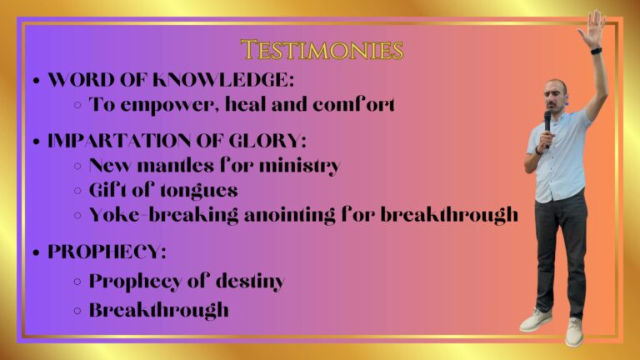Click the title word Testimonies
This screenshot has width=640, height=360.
[x=322, y=50]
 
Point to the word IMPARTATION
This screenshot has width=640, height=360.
[x=119, y=141]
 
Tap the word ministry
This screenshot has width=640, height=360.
[x=300, y=167]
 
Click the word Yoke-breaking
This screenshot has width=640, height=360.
[x=163, y=215]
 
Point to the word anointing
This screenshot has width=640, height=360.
[x=289, y=216]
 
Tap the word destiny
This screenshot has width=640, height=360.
[x=250, y=282]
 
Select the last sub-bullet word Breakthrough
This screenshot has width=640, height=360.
[x=159, y=310]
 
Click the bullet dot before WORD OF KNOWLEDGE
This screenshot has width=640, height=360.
[x=37, y=80]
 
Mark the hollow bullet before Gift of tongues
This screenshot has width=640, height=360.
[x=77, y=191]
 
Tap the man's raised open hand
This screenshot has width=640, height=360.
[x=592, y=27]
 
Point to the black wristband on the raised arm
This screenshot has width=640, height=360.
[x=597, y=51]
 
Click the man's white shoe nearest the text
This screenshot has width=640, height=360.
[x=536, y=320]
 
